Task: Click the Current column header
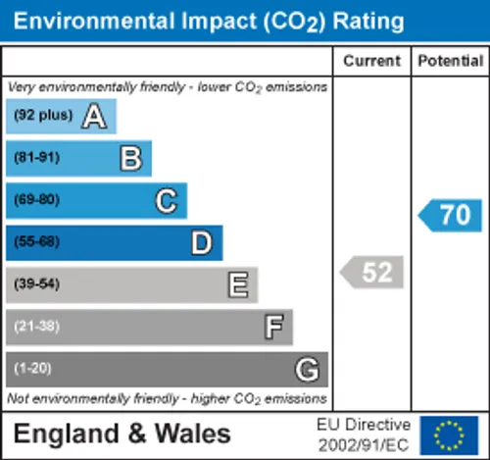pos(371,61)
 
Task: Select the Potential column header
pos(451,61)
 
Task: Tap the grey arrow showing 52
pos(371,272)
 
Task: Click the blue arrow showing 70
pos(450,216)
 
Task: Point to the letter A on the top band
pos(94,116)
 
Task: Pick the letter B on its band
pos(131,158)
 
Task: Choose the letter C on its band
pos(167,201)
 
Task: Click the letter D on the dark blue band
pos(202,242)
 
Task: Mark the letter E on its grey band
pos(238,284)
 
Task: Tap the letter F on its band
pos(273,327)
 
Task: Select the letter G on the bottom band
pos(307,370)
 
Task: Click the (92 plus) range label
pos(43,115)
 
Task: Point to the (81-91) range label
pos(37,158)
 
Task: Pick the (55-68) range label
pos(37,241)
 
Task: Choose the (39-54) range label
pos(37,283)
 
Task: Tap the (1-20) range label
pos(32,369)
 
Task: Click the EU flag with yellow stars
pos(449,435)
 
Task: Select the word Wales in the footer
pos(193,434)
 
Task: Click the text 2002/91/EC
pos(364,445)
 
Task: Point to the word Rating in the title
pos(368,23)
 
